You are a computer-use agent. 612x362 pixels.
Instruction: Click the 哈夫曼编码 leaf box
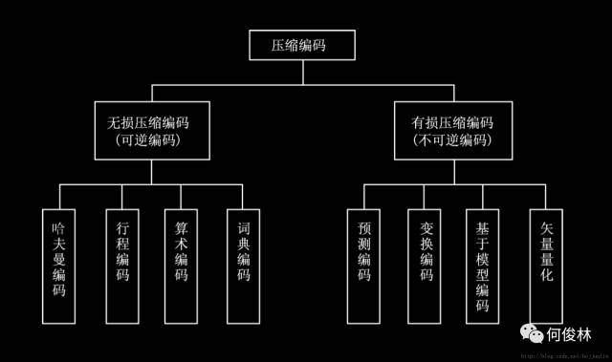[x=59, y=263]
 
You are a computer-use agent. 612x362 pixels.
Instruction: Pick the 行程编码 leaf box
[x=121, y=263]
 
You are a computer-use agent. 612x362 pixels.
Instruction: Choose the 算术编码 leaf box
[x=182, y=263]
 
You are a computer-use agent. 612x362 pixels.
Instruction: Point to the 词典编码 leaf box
[x=244, y=263]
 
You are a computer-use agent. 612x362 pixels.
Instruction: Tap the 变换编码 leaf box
[x=426, y=263]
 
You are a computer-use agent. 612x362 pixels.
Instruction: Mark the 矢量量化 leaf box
[x=547, y=263]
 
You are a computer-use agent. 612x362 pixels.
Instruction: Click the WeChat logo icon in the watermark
[x=531, y=335]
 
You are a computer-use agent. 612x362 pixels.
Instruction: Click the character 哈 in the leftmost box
[x=59, y=230]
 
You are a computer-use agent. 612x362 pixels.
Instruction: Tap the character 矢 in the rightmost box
[x=547, y=230]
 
